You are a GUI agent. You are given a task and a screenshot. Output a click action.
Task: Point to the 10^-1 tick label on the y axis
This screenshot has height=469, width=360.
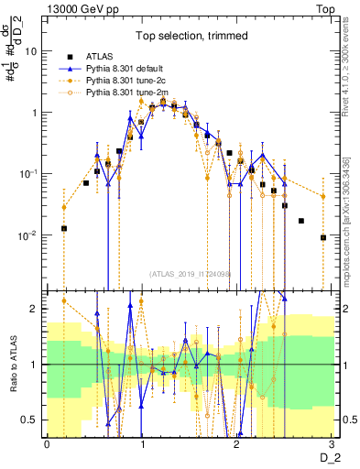[29, 173]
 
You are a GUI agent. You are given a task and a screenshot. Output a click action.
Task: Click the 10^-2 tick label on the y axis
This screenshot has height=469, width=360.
[29, 234]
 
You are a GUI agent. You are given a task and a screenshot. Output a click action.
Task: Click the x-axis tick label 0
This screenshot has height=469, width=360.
[46, 442]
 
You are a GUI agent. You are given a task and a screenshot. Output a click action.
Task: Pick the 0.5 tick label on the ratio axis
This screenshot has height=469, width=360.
[30, 420]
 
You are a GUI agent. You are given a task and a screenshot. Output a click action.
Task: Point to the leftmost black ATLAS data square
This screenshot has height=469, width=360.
[64, 228]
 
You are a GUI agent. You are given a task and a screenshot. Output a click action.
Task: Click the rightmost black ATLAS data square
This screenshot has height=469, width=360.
[322, 237]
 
